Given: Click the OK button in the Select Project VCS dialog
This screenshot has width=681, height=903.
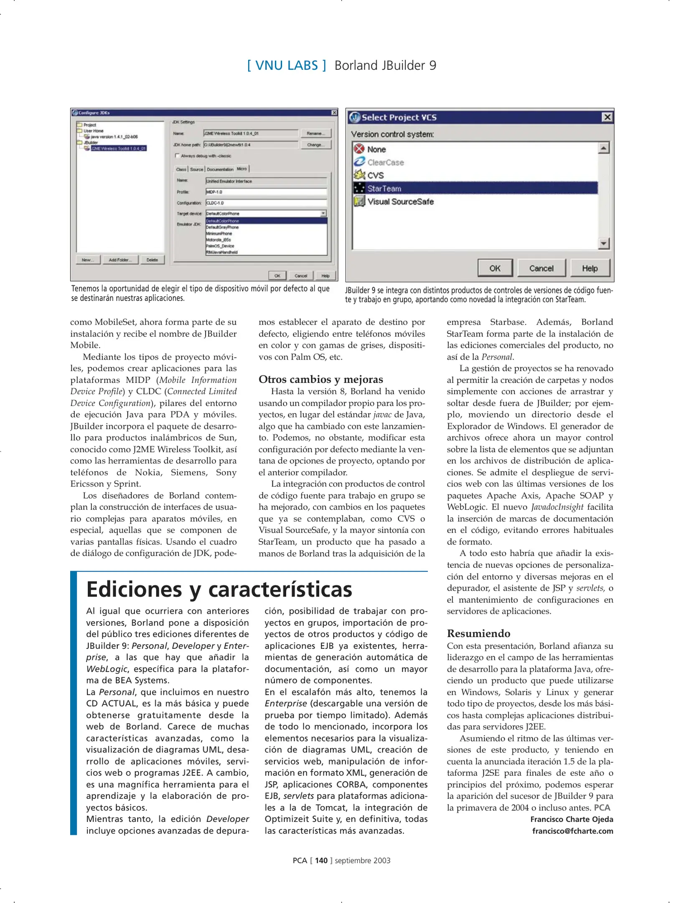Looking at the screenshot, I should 495,268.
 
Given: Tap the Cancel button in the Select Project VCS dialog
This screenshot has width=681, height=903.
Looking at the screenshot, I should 541,268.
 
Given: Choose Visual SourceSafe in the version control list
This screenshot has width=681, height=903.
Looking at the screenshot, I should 400,202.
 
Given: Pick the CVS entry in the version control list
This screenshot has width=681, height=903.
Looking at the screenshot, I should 375,175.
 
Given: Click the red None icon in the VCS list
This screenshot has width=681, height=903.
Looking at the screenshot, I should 359,148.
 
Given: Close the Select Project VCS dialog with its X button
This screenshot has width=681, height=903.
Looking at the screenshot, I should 607,117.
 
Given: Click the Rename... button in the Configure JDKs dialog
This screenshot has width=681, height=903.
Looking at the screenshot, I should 315,133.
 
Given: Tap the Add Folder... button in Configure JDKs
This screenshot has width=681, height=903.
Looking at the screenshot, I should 120,260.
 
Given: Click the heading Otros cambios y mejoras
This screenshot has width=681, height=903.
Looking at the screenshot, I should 320,379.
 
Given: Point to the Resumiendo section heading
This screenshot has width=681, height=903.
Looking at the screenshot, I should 478,633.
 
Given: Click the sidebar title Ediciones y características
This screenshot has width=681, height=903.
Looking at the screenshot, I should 219,589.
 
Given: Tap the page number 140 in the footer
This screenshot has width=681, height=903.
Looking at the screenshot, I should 321,860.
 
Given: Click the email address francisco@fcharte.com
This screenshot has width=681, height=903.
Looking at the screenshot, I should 572,831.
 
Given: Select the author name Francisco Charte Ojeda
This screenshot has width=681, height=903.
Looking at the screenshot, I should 572,819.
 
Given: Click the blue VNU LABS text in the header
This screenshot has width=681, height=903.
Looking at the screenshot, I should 286,66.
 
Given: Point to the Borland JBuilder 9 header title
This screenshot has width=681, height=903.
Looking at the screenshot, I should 385,66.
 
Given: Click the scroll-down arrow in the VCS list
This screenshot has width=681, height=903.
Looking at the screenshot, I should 603,243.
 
